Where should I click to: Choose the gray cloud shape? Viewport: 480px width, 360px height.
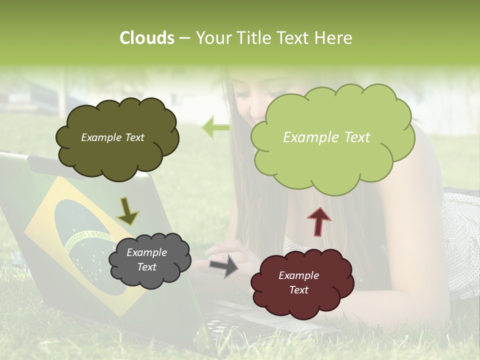[150, 260]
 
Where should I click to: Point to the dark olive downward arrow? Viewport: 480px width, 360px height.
[127, 210]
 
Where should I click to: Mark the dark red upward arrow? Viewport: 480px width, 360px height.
[318, 221]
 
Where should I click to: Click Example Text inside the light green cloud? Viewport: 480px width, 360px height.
[326, 137]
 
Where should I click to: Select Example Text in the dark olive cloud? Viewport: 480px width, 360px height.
[112, 137]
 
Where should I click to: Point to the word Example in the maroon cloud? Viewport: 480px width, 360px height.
[298, 275]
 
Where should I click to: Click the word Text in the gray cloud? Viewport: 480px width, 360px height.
[146, 267]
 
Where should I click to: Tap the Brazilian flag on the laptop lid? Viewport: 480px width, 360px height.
[75, 240]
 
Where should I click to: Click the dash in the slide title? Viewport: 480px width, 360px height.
[184, 38]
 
